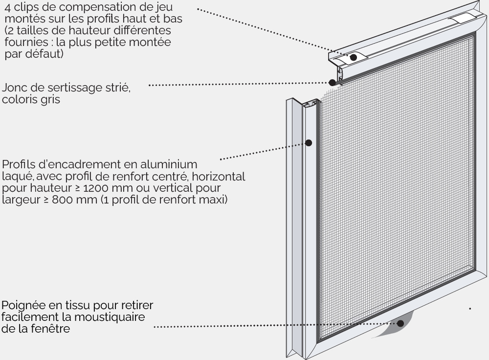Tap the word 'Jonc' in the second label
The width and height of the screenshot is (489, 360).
(14, 88)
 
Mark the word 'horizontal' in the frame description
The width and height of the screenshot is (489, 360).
(218, 176)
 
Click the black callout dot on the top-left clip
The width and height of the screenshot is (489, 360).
(353, 57)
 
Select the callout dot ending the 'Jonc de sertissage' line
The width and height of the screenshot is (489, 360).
(333, 82)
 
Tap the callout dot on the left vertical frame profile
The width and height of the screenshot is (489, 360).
(309, 143)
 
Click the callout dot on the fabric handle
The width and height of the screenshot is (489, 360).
(400, 323)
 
